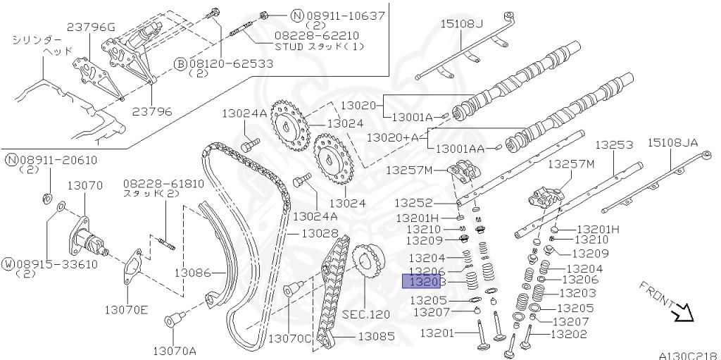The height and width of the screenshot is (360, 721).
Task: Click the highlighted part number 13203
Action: click(420, 282)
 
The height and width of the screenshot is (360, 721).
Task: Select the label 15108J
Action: click(462, 24)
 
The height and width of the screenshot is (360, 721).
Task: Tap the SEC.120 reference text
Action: click(365, 314)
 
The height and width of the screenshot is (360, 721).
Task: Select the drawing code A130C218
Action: click(689, 355)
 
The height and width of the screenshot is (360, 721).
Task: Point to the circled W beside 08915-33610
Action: click(10, 264)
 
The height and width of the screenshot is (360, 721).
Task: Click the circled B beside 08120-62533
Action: click(180, 63)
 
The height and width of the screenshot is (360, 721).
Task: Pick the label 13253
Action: click(614, 145)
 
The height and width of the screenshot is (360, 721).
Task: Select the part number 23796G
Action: click(90, 27)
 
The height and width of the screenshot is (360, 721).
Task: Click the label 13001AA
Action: click(460, 149)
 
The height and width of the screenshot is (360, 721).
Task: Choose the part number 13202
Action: click(569, 334)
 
